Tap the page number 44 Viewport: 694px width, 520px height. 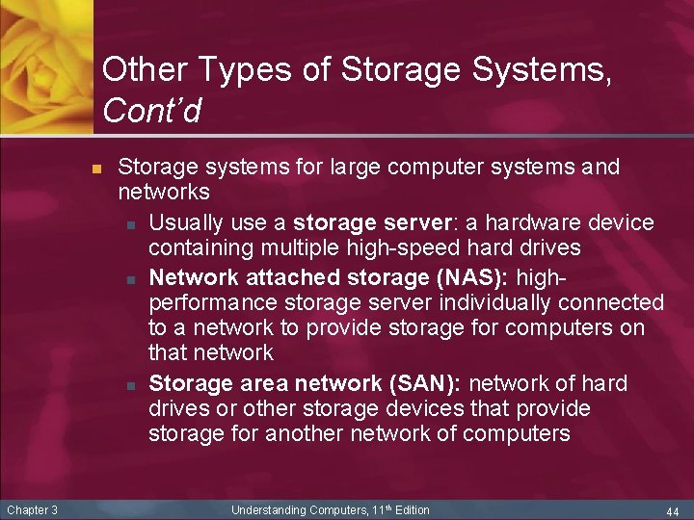pos(673,510)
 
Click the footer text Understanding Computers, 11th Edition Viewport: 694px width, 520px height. pos(331,510)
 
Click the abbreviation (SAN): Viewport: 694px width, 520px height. pos(427,383)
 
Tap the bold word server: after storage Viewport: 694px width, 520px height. pos(412,223)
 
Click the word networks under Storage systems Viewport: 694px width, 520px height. pos(164,193)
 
